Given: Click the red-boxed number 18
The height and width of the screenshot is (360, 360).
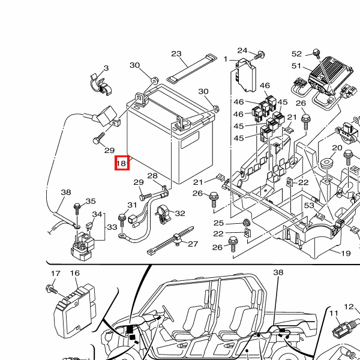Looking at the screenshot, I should [x=121, y=163].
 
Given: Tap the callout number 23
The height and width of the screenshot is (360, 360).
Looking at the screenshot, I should [x=176, y=54].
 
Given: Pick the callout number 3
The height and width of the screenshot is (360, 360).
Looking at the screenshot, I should [x=106, y=68].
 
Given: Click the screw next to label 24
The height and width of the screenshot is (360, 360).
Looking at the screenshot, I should [x=260, y=55].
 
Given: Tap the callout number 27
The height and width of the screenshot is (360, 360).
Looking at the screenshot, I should [x=193, y=244].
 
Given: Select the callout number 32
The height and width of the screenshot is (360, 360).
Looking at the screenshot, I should [x=180, y=214].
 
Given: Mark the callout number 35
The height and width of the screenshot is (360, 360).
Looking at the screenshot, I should [x=91, y=202].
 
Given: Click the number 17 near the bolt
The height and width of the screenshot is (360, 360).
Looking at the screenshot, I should [x=55, y=274].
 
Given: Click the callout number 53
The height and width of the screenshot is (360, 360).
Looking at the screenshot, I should [x=309, y=206].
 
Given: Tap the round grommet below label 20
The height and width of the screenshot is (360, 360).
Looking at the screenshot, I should [x=328, y=164].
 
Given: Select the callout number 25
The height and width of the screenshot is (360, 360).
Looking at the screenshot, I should [x=218, y=223].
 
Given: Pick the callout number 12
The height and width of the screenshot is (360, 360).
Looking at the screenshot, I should [x=349, y=307].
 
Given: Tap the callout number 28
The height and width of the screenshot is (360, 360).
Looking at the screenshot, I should [x=152, y=176].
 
